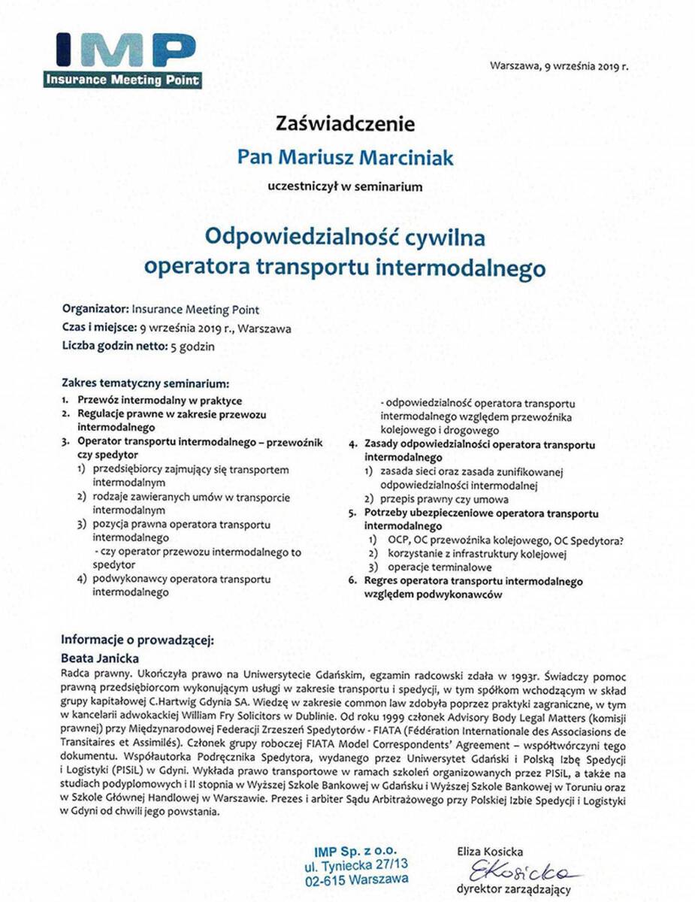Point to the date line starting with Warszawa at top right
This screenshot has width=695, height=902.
558,66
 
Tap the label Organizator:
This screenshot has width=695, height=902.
96,308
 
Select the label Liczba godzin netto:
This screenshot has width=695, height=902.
112,347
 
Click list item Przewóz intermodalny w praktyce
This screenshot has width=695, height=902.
159,401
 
